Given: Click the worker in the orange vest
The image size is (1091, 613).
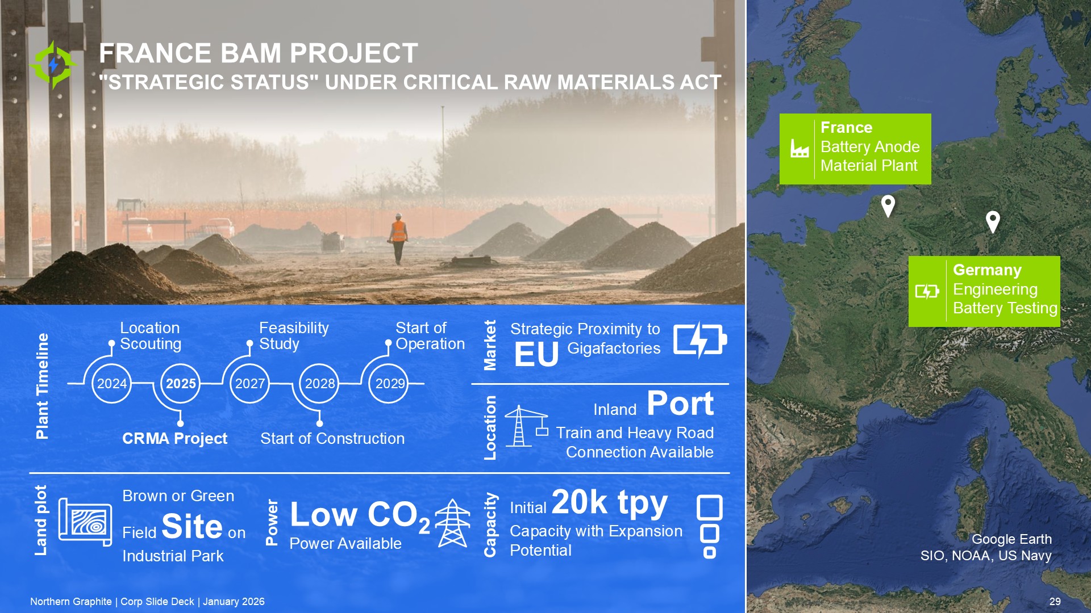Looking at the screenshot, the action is tap(398, 239).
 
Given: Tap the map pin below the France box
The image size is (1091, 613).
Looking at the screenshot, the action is tap(888, 205).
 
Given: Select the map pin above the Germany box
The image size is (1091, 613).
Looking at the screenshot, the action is tap(993, 221).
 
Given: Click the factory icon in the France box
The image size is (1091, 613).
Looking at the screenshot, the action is tap(799, 149).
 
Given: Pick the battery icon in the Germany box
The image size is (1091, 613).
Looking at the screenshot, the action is tap(927, 291).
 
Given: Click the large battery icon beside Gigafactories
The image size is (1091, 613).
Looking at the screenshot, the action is tap(700, 340).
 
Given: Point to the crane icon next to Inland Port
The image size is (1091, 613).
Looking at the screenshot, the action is tap(526, 426).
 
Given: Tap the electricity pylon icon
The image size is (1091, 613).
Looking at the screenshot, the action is tap(452, 523).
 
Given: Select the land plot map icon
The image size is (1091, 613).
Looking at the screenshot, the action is tap(85, 522).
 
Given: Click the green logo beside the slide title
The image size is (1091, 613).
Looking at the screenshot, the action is tap(53, 65).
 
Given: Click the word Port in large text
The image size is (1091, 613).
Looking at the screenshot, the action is tap(680, 404).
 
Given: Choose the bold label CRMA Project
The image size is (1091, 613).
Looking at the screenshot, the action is tap(174, 439).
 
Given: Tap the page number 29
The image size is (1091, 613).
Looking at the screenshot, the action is tap(1055, 602).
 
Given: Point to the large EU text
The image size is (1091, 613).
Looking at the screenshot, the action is tap(536, 355).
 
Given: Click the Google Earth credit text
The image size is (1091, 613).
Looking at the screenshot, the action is tap(1011, 539).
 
